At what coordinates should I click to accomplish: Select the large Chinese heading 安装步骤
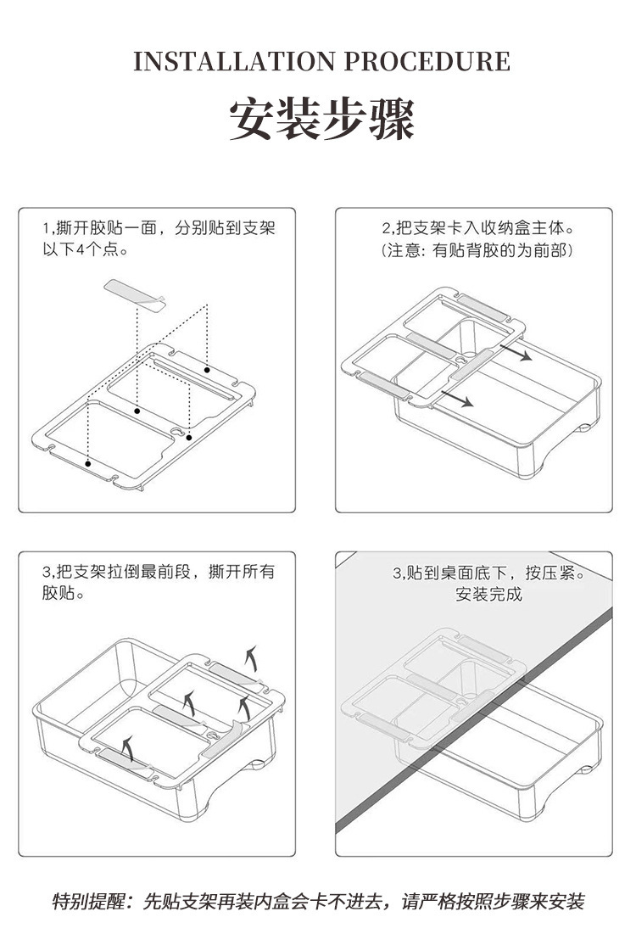321,120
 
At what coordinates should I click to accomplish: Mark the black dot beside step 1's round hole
190,438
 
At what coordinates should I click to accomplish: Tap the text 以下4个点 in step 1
85,250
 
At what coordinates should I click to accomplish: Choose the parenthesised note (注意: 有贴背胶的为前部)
478,251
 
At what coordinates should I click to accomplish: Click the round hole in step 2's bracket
460,361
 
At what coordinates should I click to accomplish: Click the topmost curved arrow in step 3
251,656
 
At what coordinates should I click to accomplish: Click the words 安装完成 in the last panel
489,594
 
